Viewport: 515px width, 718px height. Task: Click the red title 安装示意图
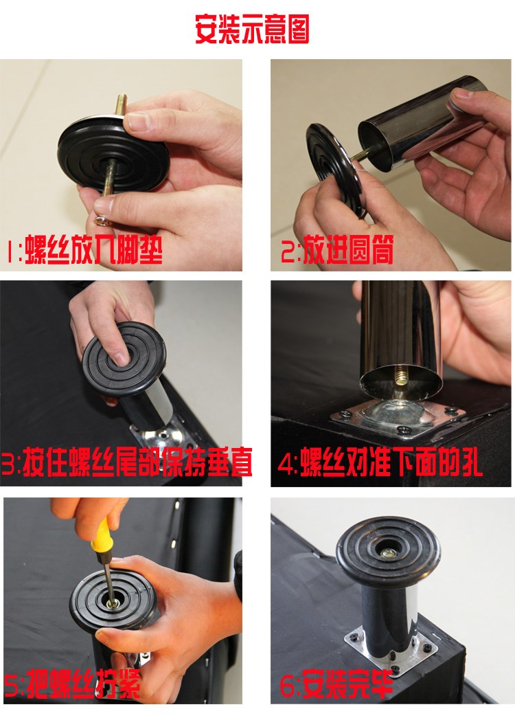tap(252, 29)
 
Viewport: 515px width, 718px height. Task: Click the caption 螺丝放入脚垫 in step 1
tap(93, 251)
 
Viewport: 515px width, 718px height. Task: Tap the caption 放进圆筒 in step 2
tap(348, 250)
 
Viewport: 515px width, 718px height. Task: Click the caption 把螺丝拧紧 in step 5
tap(83, 683)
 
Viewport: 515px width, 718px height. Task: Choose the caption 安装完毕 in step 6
tap(348, 683)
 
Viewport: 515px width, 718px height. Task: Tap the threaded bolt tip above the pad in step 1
tap(122, 104)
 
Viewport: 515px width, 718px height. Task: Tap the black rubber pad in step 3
tap(124, 358)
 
